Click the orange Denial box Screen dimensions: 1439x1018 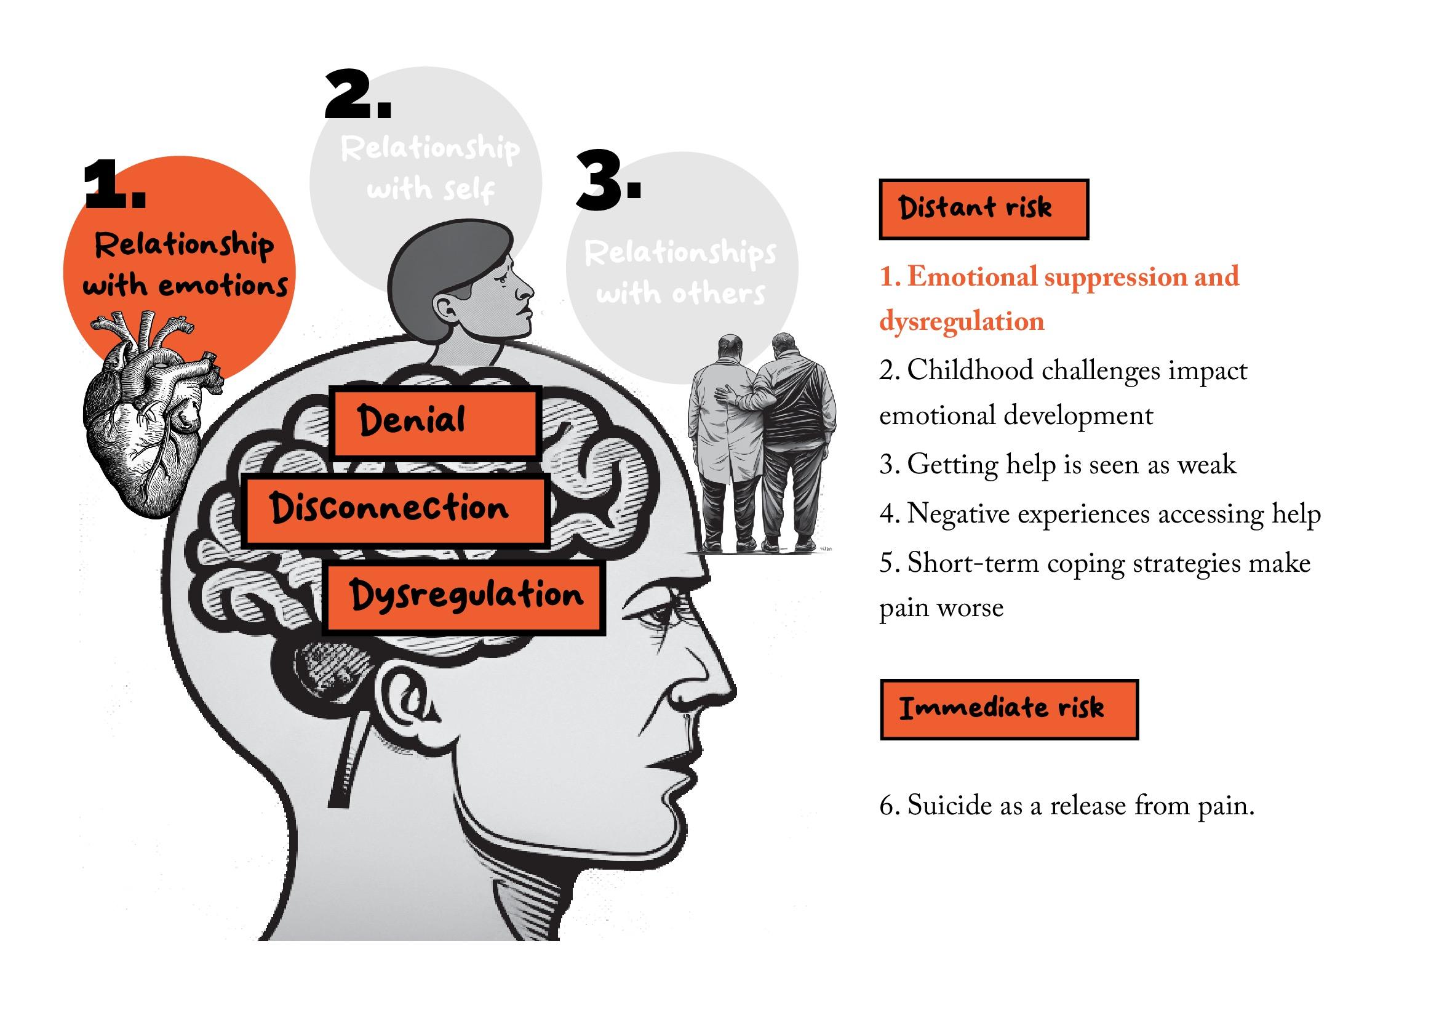click(435, 422)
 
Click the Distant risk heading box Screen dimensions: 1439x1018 click(983, 209)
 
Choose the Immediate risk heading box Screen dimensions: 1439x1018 click(1008, 709)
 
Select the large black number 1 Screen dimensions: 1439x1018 click(114, 185)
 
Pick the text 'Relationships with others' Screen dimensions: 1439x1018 click(680, 273)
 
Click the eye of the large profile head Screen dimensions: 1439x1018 click(664, 620)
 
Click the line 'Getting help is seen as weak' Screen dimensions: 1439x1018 click(1058, 465)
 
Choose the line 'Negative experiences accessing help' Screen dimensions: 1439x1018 click(1100, 515)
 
